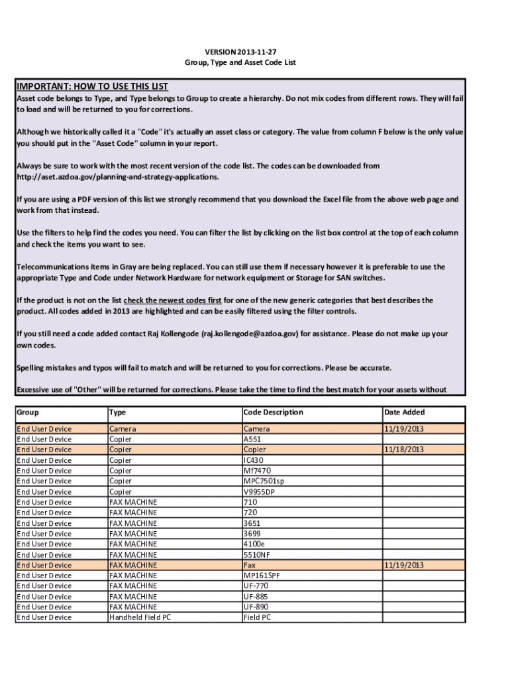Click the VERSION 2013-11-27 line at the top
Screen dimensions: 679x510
240,52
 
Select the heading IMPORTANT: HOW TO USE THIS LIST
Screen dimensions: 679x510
92,86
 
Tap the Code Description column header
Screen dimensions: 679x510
273,412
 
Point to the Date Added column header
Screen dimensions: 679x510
405,412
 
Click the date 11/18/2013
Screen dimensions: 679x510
404,450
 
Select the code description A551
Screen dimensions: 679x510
252,439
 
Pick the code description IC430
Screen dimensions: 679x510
254,460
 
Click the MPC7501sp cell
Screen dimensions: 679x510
264,481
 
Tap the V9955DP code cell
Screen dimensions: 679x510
259,492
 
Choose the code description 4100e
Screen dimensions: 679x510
254,544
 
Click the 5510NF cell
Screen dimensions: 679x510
256,554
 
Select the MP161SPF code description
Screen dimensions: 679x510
262,576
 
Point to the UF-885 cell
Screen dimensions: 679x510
256,596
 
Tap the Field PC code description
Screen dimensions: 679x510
257,617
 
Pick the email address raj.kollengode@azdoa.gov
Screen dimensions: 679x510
250,334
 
